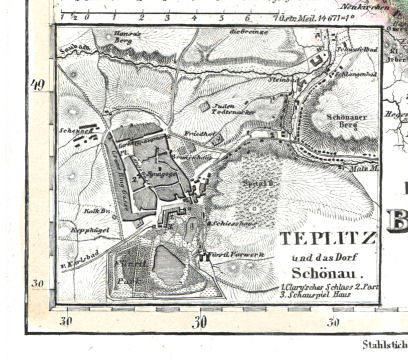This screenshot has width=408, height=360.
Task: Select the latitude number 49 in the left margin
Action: (x=40, y=84)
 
